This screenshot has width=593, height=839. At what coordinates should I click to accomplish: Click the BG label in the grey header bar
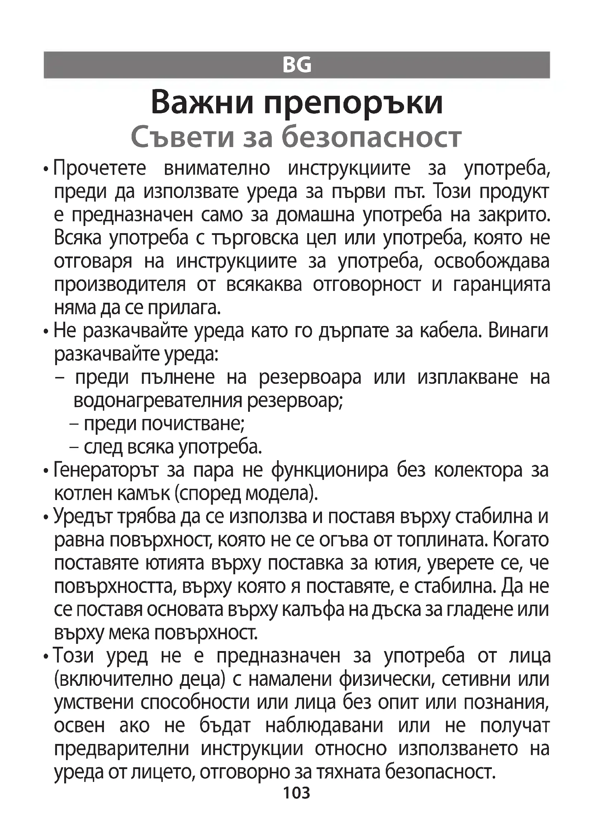coord(296,65)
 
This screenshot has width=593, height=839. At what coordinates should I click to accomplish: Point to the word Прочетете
coord(100,169)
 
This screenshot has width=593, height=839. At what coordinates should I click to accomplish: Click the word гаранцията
coord(501,285)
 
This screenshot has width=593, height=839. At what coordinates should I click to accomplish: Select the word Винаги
coord(518,331)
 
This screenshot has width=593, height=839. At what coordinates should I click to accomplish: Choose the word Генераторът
coord(106,470)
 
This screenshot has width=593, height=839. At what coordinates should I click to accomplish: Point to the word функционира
coord(330,470)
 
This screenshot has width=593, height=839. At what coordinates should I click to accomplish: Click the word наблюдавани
coord(324,725)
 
